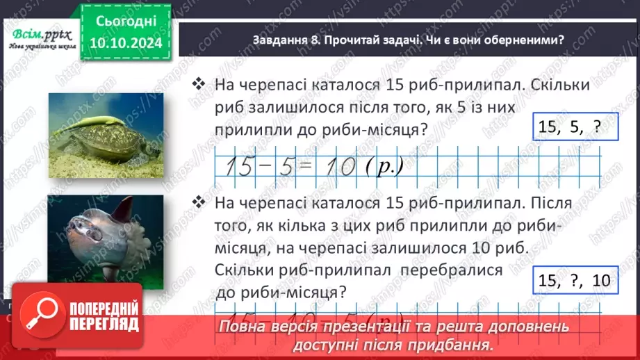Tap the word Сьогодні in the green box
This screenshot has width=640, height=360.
(x=125, y=22)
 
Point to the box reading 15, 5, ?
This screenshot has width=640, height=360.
(x=568, y=127)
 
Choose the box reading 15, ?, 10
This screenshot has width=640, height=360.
(x=574, y=281)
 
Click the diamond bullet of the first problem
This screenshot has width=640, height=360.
(x=200, y=85)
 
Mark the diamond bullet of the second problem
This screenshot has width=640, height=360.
(x=200, y=203)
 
